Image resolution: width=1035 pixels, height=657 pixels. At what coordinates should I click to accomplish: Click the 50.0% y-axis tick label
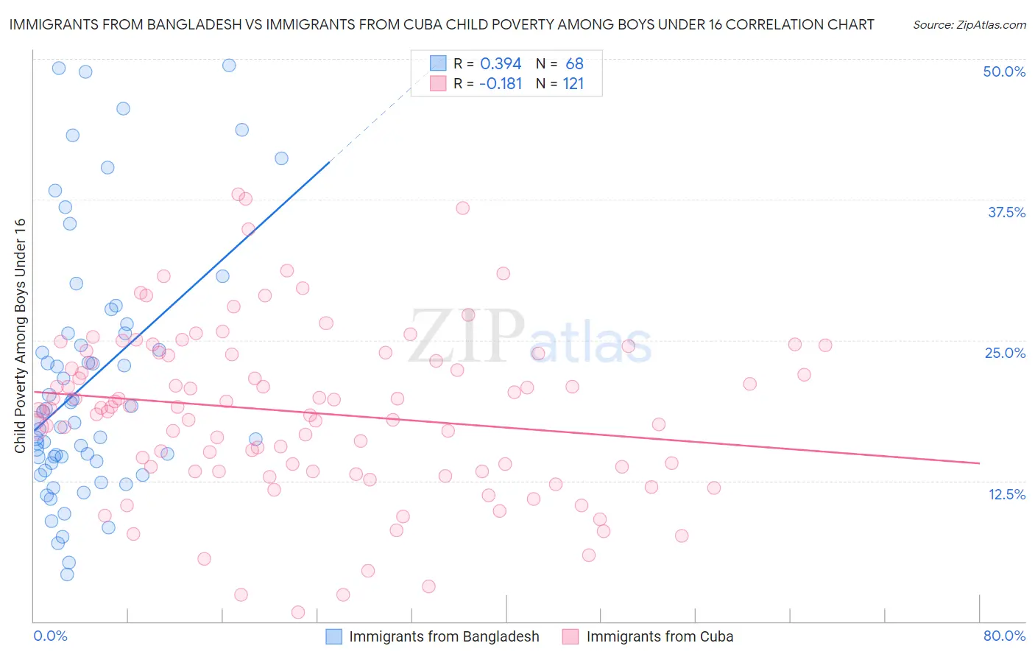point(1004,71)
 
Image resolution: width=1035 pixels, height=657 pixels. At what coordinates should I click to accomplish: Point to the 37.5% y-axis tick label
point(1006,212)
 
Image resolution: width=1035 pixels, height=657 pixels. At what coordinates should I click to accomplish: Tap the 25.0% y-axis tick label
point(1005,353)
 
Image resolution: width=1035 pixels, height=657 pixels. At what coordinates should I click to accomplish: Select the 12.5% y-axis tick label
point(1006,494)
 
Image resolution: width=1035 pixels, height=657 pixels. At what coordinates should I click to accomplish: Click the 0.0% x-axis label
point(50,636)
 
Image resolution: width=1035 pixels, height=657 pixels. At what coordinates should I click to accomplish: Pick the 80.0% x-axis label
point(1004,636)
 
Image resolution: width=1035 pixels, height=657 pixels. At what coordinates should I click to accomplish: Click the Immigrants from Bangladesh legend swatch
point(334,637)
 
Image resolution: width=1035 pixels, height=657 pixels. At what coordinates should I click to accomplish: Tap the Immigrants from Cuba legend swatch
point(571,637)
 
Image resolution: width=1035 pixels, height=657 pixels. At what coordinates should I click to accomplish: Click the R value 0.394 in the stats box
point(501,64)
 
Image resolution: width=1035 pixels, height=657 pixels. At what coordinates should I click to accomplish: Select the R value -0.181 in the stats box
point(501,84)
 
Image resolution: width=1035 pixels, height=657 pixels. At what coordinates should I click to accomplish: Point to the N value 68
point(574,64)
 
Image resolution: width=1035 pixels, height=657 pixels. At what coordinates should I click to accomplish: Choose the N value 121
point(573,84)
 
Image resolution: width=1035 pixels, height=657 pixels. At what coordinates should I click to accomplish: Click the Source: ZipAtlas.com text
point(969,24)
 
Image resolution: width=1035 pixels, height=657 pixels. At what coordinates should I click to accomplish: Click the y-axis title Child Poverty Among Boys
point(20,336)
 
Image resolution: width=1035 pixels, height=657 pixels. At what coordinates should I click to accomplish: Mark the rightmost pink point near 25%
point(825,345)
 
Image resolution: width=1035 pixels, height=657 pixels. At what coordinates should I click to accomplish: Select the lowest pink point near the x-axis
point(298,612)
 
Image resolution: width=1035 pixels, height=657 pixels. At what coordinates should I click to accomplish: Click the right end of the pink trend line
point(979,463)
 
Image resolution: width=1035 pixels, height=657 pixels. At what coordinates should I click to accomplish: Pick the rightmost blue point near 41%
point(281,158)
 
